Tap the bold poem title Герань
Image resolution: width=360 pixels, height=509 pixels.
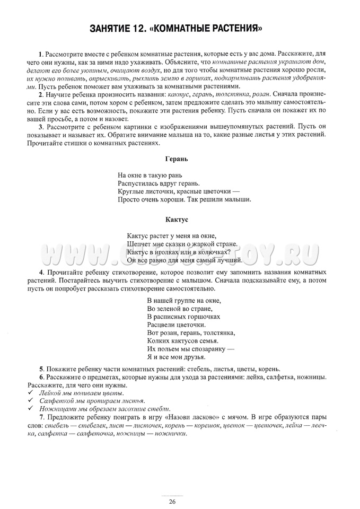[x=177, y=159]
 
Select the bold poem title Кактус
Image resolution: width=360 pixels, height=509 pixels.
[x=177, y=218]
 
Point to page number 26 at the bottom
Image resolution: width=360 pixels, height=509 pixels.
[x=172, y=502]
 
